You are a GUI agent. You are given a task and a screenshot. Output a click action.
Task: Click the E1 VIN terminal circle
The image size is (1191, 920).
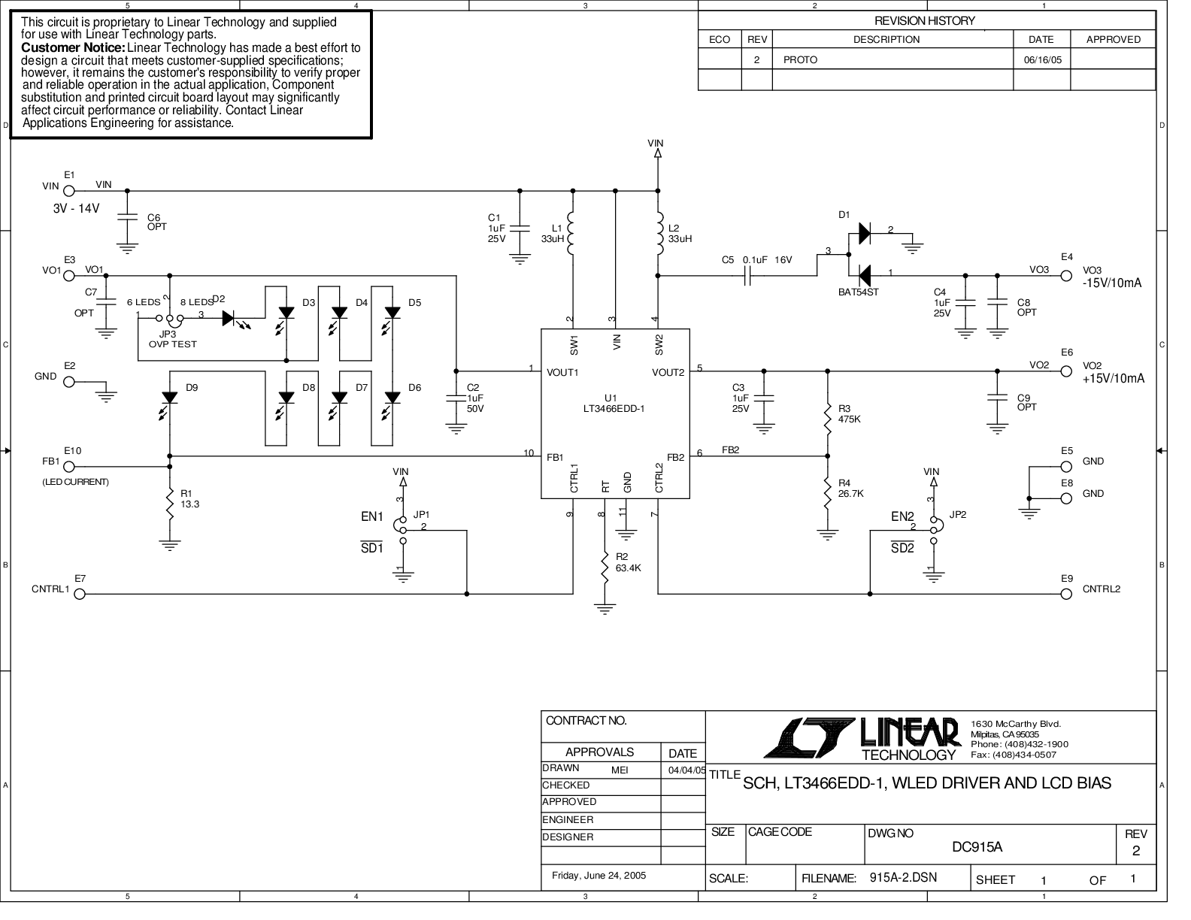click(69, 191)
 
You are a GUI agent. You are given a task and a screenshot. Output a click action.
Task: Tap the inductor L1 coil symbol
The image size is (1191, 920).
click(571, 234)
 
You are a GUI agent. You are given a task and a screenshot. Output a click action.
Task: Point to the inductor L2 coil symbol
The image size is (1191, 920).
click(660, 234)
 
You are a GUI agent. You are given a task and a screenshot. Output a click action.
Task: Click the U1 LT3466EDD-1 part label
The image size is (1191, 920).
click(614, 404)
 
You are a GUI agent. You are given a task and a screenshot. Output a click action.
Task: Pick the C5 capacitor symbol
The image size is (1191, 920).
click(747, 276)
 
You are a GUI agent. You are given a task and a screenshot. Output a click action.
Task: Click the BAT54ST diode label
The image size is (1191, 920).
click(858, 292)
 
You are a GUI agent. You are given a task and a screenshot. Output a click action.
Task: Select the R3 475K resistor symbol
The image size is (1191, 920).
click(828, 419)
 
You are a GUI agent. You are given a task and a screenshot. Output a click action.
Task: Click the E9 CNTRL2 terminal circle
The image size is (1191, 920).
click(1066, 594)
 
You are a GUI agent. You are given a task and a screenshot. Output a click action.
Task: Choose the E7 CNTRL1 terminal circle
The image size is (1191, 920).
click(80, 594)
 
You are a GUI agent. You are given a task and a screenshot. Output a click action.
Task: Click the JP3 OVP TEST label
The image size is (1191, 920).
click(172, 339)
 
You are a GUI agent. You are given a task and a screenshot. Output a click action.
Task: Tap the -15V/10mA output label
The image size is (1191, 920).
click(1111, 283)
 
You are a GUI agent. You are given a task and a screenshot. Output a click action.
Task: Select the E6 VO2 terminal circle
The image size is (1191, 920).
click(1066, 371)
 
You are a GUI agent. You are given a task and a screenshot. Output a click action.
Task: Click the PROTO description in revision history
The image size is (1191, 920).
click(800, 59)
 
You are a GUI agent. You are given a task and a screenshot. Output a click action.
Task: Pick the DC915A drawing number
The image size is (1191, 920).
click(977, 847)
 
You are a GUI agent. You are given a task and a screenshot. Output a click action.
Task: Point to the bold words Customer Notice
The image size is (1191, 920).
click(73, 47)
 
